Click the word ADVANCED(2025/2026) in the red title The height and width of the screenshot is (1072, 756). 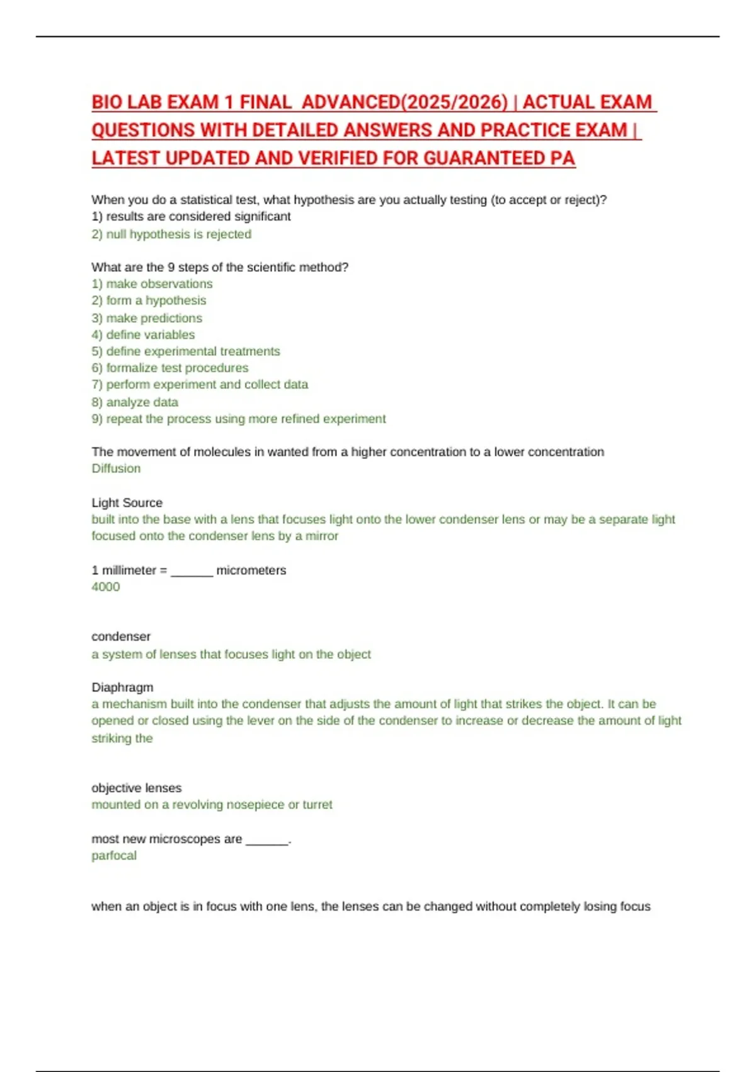point(405,102)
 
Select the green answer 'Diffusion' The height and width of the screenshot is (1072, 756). point(116,469)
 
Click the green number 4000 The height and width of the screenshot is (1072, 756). point(105,587)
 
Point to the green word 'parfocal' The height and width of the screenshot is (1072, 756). point(114,856)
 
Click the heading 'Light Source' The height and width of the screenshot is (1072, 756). point(127,503)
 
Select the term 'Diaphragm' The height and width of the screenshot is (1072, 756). point(122,687)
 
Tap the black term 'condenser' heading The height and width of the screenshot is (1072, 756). point(121,636)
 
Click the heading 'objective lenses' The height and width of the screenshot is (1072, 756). point(136,788)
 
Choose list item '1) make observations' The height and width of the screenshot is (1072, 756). point(152,284)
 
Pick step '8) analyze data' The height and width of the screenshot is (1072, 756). point(135,402)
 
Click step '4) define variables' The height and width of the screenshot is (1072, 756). point(143,335)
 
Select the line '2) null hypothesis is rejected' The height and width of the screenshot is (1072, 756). point(171,234)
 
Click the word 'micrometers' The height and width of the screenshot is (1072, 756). point(251,570)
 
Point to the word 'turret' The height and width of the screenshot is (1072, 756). point(318,805)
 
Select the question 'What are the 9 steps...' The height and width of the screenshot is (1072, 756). point(220,267)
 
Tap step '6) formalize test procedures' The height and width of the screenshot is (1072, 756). point(170,368)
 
